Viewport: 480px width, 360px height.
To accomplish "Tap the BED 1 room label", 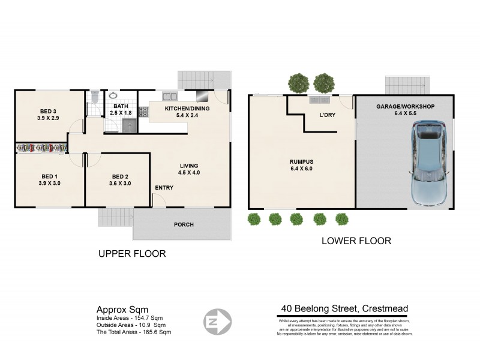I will [49, 179].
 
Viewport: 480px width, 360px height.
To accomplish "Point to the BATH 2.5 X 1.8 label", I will [121, 109].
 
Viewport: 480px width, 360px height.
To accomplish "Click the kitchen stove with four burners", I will [143, 112].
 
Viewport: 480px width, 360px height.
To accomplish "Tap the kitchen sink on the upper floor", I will [169, 96].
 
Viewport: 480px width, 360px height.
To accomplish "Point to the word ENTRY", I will [164, 188].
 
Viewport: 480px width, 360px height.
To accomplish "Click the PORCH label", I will [184, 225].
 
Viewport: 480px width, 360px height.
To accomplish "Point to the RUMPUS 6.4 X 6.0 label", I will [300, 165].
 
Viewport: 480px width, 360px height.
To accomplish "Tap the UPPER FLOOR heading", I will [131, 254].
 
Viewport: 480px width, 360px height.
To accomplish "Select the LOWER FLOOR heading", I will [356, 241].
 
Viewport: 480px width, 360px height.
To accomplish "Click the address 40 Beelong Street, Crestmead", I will [344, 309].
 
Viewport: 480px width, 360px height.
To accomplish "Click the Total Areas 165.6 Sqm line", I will [134, 332].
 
